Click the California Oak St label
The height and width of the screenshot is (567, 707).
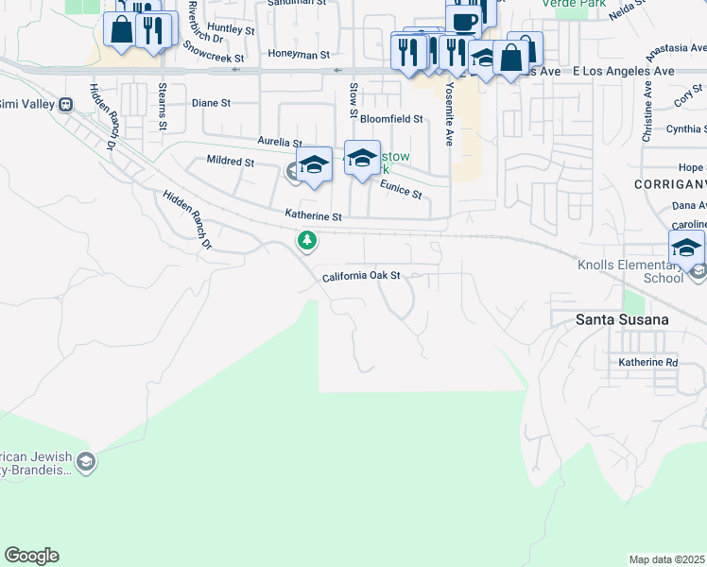pyautogui.click(x=362, y=277)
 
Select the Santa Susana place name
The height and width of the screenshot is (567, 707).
pyautogui.click(x=622, y=319)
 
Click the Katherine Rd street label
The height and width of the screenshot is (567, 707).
pyautogui.click(x=648, y=362)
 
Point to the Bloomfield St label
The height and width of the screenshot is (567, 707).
pyautogui.click(x=390, y=119)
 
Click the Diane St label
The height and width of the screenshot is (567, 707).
pyautogui.click(x=211, y=103)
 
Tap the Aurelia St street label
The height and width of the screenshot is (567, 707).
pyautogui.click(x=279, y=142)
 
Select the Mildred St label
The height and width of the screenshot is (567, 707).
pyautogui.click(x=231, y=162)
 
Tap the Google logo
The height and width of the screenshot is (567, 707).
pyautogui.click(x=31, y=556)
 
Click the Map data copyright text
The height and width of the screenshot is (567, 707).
pyautogui.click(x=667, y=559)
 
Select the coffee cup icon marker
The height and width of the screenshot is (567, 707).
pyautogui.click(x=464, y=21)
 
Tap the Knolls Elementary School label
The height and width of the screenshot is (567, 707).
pyautogui.click(x=630, y=271)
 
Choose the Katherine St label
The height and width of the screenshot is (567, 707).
pyautogui.click(x=313, y=216)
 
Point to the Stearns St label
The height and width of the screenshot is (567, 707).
pyautogui.click(x=163, y=106)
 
